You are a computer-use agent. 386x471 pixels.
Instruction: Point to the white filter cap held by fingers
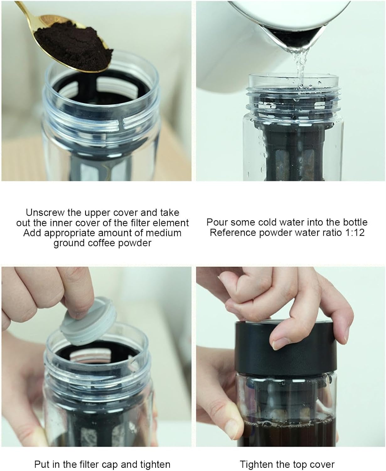pos(88,322)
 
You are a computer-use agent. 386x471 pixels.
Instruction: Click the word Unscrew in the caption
pos(45,213)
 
